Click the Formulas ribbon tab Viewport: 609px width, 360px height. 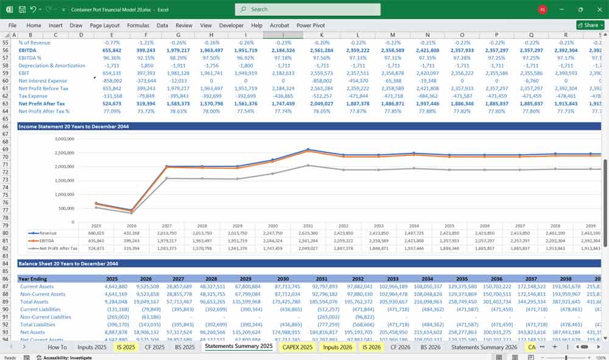138,26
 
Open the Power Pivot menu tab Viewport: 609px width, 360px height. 311,26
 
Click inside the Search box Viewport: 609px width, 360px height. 308,9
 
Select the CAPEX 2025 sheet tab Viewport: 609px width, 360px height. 298,347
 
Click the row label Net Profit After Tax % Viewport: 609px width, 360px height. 44,111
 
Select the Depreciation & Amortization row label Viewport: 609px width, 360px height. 51,65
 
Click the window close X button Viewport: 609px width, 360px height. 597,9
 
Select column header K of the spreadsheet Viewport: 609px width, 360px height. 322,35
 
